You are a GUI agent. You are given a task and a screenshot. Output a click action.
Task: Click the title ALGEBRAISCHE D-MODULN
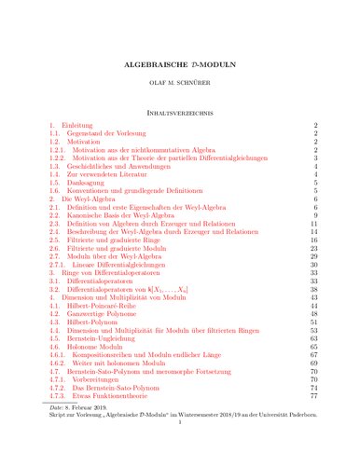pyautogui.click(x=179, y=69)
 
